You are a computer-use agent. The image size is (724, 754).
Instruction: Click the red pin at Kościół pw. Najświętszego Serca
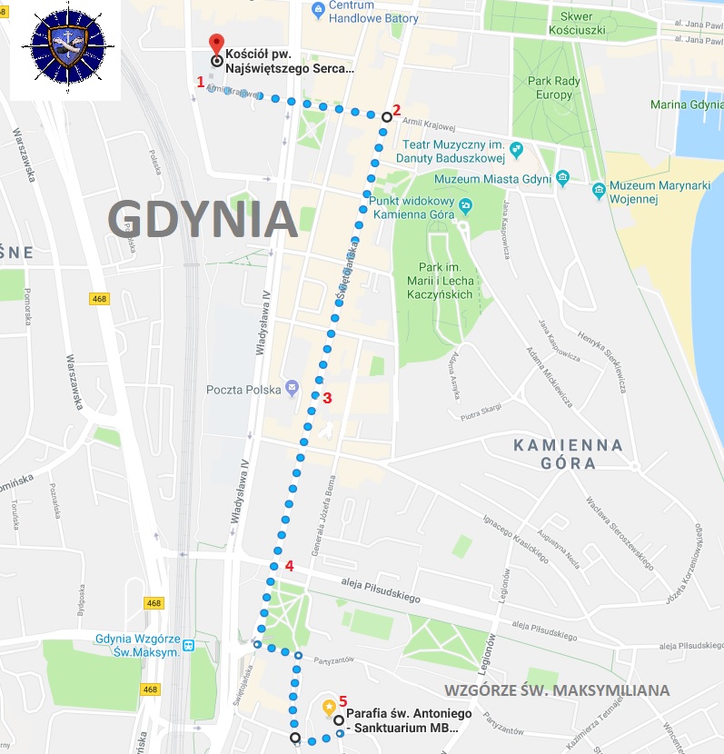click(x=216, y=43)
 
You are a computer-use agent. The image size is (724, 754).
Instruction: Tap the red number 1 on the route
click(x=201, y=81)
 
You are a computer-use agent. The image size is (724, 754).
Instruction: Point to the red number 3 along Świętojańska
click(x=328, y=397)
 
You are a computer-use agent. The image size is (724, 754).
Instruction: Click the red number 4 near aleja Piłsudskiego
click(x=289, y=566)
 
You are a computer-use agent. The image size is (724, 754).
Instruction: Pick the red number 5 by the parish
click(x=342, y=700)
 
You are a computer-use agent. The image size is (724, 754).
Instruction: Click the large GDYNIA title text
click(x=203, y=219)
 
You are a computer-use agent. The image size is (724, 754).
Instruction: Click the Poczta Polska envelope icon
click(x=292, y=388)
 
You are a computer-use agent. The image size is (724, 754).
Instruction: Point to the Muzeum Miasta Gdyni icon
click(x=563, y=177)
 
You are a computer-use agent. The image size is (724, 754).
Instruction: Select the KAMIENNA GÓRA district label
click(x=569, y=453)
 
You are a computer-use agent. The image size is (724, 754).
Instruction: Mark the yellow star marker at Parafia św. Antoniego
click(x=329, y=706)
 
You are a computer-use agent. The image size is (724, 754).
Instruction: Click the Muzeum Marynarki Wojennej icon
click(x=599, y=190)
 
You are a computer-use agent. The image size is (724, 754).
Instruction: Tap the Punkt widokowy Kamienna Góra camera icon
click(x=464, y=204)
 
